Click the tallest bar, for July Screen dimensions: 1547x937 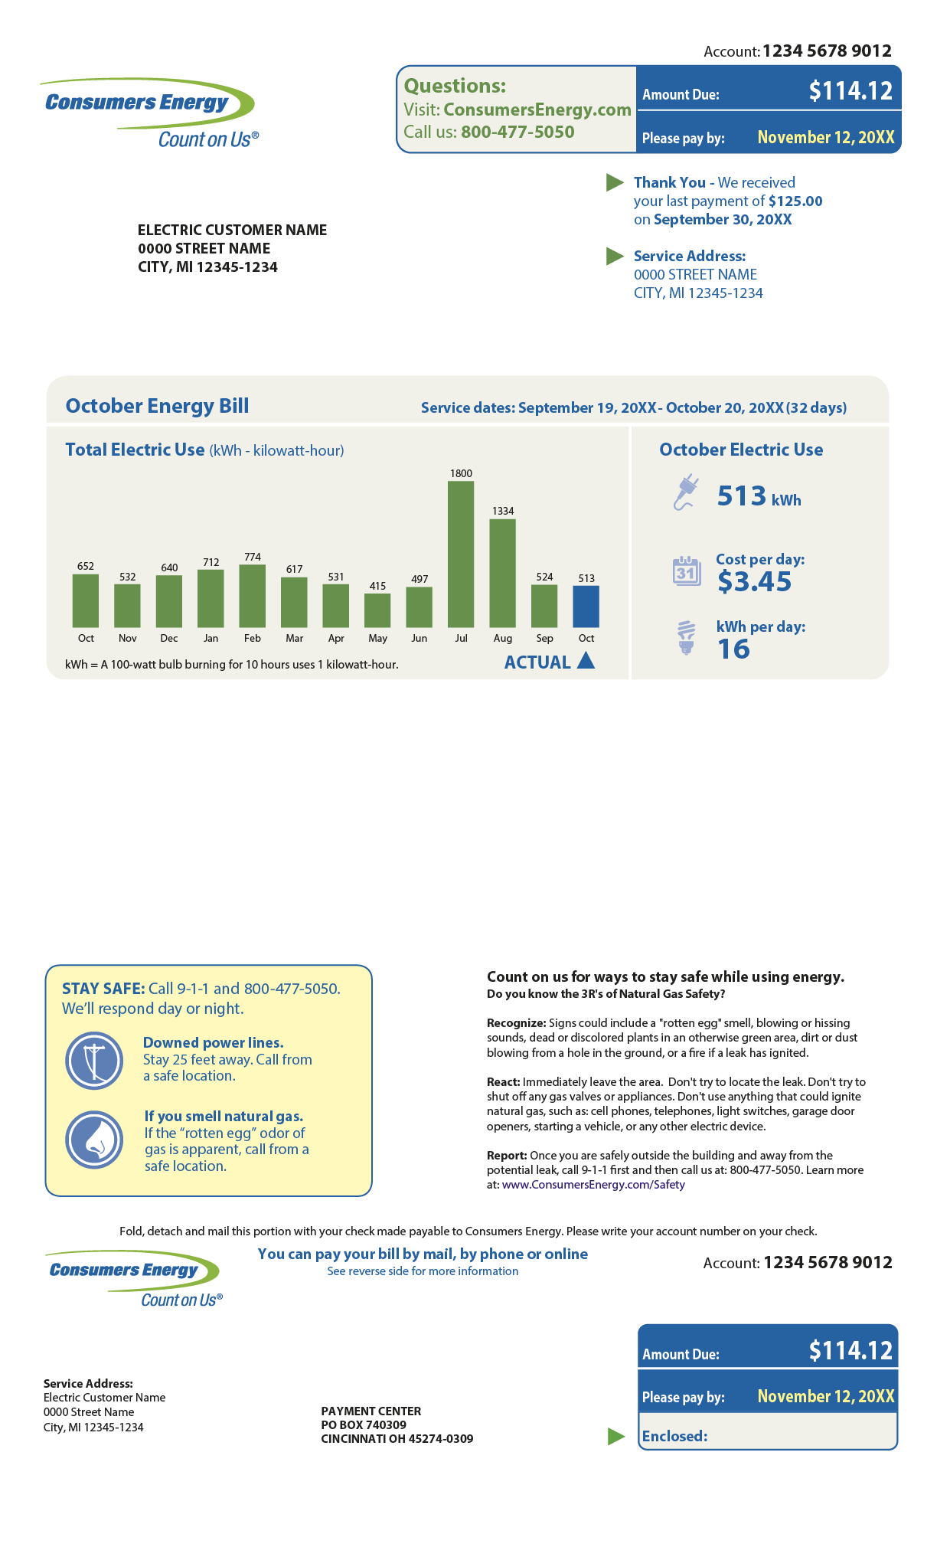pos(461,554)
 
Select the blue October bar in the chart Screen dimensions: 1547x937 pos(586,607)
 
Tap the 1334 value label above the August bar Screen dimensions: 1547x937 pos(503,511)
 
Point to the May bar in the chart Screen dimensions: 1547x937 pos(377,610)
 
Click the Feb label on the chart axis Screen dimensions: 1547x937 pos(253,639)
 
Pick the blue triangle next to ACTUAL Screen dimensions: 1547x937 pos(586,661)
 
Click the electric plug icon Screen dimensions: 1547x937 pos(686,492)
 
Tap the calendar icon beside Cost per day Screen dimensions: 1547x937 pos(687,571)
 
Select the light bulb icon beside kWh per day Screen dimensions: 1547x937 pos(687,638)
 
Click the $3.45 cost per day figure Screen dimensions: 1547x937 pos(754,582)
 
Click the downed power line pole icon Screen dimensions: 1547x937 pos(94,1061)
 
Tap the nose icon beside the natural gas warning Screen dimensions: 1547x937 pos(94,1140)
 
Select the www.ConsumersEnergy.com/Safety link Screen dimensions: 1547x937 pos(593,1185)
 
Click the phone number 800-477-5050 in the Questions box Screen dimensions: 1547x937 pos(517,132)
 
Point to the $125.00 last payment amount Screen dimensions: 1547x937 pos(795,201)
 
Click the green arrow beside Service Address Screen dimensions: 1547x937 pos(615,256)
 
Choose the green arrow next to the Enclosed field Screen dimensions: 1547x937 pos(616,1437)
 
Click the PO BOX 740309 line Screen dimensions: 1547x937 pos(364,1425)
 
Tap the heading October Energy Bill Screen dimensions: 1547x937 pos(157,406)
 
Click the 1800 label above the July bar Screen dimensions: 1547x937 pos(461,473)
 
